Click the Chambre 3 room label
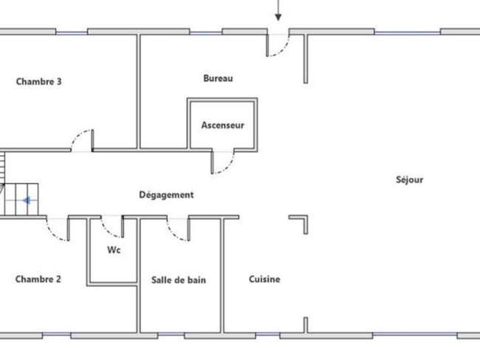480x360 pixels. pos(39,81)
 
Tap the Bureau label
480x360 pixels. pos(218,78)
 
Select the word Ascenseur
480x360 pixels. pos(222,125)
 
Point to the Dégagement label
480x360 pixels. pos(166,195)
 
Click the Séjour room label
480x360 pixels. pos(410,180)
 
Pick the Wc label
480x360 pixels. pos(114,250)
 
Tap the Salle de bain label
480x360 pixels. pos(179,279)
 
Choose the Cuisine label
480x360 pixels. pos(264,279)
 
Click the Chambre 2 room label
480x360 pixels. pos(38,279)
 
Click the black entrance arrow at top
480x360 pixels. pos(278,10)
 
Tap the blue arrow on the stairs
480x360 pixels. pos(26,200)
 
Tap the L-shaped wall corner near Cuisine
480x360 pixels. pos(306,217)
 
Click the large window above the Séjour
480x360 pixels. pos(408,32)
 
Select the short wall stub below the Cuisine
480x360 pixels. pos(306,325)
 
